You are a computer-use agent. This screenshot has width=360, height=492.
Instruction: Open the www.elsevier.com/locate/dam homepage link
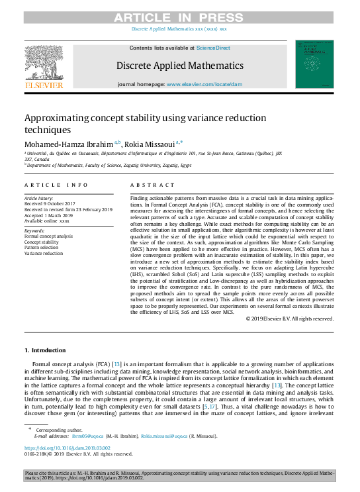pos(204,85)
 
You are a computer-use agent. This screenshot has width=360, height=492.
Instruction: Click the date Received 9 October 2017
pos(52,203)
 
